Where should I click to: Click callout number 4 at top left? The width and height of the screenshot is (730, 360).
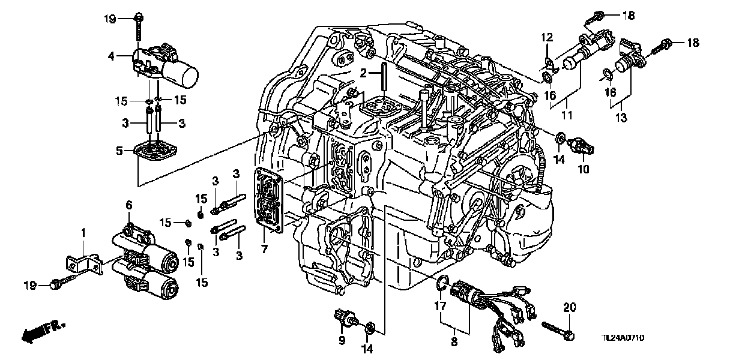pyautogui.click(x=111, y=56)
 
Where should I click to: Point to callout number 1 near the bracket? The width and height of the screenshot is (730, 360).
pyautogui.click(x=84, y=232)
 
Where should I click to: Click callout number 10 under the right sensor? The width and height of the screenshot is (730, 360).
pyautogui.click(x=581, y=170)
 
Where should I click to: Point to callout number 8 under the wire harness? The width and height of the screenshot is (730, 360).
pyautogui.click(x=453, y=342)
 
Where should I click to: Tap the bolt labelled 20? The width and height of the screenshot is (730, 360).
pyautogui.click(x=558, y=329)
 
